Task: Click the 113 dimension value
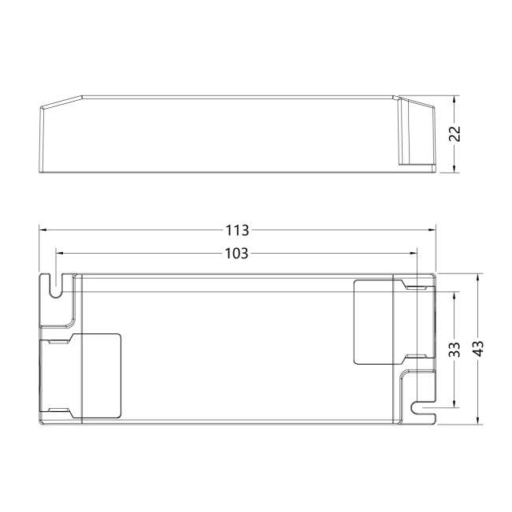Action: click(237, 230)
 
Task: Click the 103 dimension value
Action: click(237, 254)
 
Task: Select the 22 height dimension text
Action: click(454, 134)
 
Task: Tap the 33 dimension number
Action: click(454, 350)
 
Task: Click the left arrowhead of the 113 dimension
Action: click(43, 230)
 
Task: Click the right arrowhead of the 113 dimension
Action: click(432, 230)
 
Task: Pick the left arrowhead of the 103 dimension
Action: click(60, 253)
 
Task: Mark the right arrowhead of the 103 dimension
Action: click(414, 253)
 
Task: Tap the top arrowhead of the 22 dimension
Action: click(454, 99)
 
